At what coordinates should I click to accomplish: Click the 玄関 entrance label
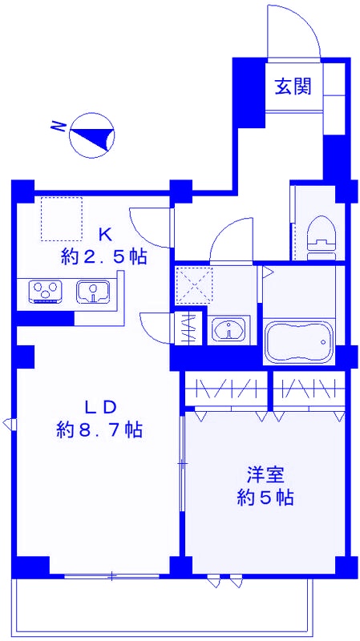tap(293, 87)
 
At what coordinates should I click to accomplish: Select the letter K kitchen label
tap(104, 235)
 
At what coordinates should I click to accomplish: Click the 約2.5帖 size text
tap(103, 257)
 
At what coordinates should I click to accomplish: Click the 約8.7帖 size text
tap(99, 429)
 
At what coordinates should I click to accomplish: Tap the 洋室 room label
tap(265, 474)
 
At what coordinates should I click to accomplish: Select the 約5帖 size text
tap(265, 498)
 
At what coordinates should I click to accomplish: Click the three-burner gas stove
tap(46, 292)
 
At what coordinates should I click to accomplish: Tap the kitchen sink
tap(94, 292)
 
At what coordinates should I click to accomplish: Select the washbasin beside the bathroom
tap(229, 330)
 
